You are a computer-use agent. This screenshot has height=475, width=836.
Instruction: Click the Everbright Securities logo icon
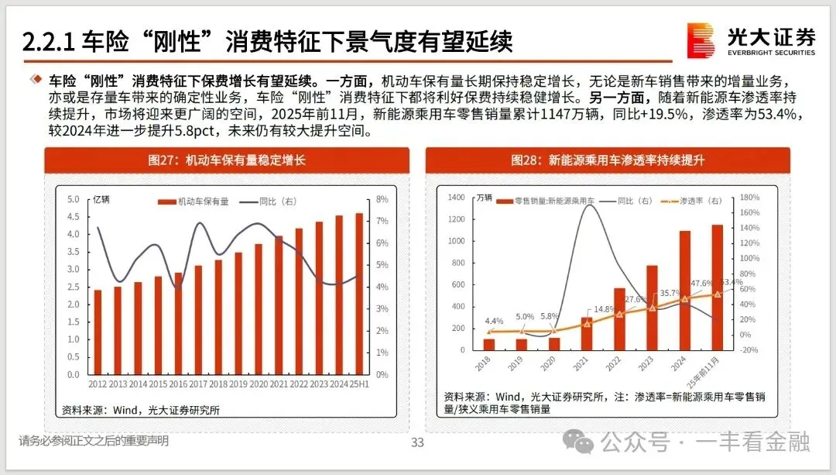(x=701, y=40)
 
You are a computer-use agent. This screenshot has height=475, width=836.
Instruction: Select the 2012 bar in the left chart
(x=98, y=332)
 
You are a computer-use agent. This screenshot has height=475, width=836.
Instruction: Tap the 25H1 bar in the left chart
(x=359, y=294)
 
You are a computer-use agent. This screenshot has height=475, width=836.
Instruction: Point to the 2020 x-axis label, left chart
(x=259, y=384)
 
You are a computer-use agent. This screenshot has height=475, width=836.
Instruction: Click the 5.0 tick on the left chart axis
(x=73, y=199)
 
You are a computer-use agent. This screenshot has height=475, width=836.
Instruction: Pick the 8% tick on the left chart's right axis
(x=382, y=199)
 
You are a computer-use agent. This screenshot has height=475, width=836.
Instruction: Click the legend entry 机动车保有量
(x=194, y=201)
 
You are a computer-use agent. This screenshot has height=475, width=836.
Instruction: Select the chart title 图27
(x=227, y=160)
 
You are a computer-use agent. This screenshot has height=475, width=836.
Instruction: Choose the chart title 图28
(x=608, y=160)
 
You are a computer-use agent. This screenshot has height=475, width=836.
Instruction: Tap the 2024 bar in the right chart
(x=684, y=291)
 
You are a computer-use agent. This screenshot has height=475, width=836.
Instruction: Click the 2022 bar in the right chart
(x=619, y=319)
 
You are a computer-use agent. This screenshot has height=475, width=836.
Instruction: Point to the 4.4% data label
(x=494, y=321)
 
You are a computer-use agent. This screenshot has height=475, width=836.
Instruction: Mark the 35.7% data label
(x=670, y=293)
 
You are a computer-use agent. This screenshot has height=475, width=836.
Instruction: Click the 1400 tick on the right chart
(x=456, y=198)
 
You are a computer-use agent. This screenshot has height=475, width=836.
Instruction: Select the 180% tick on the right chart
(x=749, y=198)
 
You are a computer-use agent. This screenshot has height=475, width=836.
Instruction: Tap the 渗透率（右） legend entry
(x=691, y=201)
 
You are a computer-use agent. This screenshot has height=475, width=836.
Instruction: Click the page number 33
(x=417, y=442)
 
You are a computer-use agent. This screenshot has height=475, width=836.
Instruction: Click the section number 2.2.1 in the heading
(x=49, y=42)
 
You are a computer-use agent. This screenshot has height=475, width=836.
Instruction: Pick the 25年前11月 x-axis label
(x=703, y=372)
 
